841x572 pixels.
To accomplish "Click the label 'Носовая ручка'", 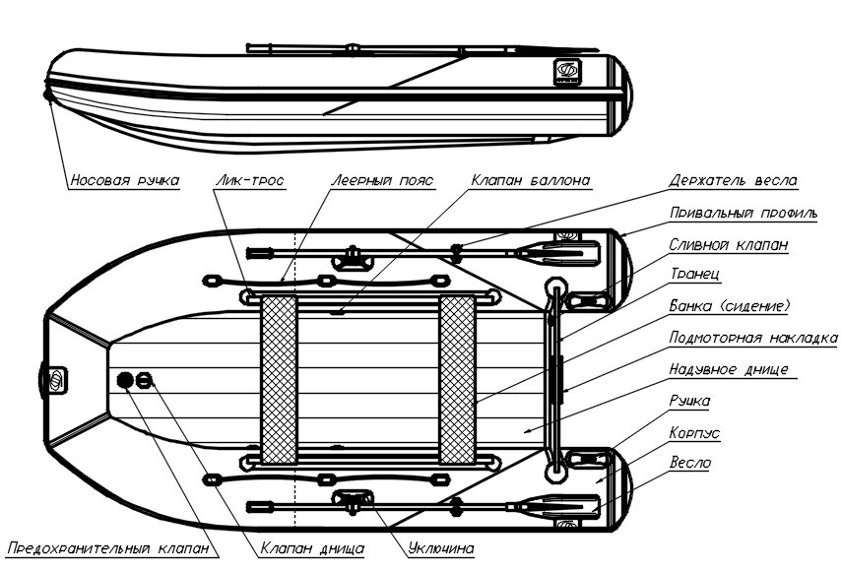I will pos(124,181).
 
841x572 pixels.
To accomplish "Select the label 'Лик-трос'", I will pos(249,181).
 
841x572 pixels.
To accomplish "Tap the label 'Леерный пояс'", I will pos(381,181).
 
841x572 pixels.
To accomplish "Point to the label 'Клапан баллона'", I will pos(530,181).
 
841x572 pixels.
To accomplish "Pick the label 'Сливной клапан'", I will pos(728,244).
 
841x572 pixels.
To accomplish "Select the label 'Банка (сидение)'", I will pos(730,306).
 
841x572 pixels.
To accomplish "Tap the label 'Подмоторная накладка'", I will pos(752,338).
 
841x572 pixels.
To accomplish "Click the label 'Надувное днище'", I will pos(728,369).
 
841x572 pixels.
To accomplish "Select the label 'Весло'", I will pos(690,462).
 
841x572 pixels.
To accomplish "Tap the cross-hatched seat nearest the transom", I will pos(457,379).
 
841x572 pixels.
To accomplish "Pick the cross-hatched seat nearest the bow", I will pos(279,379).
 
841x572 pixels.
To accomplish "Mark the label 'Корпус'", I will pos(696,431).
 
